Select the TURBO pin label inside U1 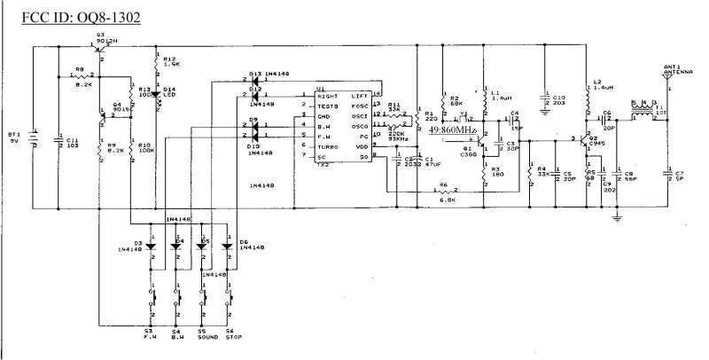[329, 146]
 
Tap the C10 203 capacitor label [559, 100]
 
